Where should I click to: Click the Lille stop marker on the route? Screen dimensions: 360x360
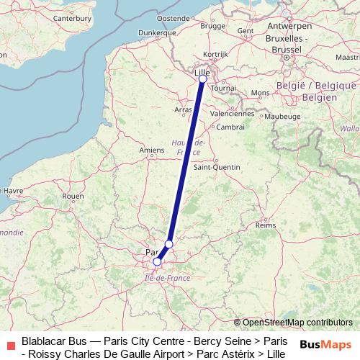point(202,79)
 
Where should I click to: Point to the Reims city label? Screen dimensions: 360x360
point(266,225)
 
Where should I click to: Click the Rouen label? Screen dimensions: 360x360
point(73,195)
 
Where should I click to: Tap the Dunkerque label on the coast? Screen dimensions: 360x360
point(156,32)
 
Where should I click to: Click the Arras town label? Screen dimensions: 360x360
point(183,109)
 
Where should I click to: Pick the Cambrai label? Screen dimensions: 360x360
point(230,126)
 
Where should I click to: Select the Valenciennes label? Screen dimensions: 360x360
point(233,113)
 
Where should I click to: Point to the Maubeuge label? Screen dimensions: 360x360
point(282,115)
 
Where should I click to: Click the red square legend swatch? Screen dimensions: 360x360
point(9,345)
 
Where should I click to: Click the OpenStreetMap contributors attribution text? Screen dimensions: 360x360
point(297,323)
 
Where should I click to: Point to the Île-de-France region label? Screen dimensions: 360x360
point(166,276)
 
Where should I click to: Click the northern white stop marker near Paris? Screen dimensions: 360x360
point(168,244)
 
